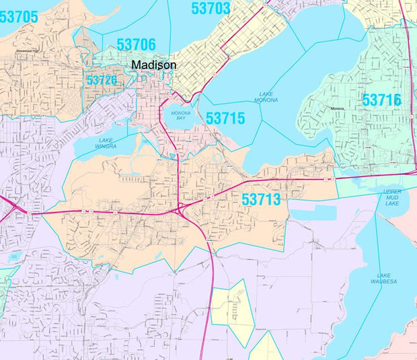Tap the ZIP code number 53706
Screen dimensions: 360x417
coord(136,45)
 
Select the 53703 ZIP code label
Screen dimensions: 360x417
coord(211,9)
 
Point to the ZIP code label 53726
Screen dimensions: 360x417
coord(102,80)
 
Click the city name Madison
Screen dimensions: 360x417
coord(154,65)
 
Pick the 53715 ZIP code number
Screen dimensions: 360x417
coord(225,118)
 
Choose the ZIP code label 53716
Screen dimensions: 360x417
coord(381,100)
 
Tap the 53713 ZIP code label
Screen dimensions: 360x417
coord(261,199)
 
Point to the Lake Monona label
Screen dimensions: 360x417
coord(266,97)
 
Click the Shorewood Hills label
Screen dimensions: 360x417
coord(28,49)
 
